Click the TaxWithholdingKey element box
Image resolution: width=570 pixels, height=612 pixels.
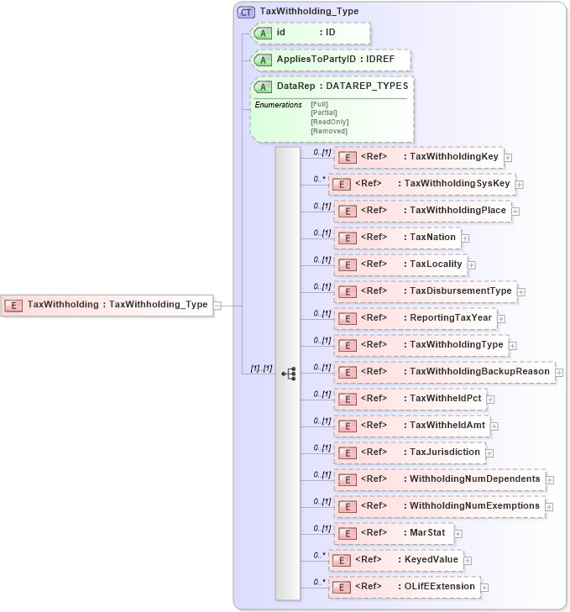click(417, 157)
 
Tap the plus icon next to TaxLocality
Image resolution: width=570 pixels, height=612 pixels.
click(472, 265)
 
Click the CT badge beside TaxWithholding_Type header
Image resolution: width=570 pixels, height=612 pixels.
click(246, 12)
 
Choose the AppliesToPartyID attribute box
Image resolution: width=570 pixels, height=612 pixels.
click(330, 60)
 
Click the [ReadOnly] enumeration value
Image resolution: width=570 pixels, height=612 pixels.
click(329, 122)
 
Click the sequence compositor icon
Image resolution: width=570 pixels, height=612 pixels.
click(288, 372)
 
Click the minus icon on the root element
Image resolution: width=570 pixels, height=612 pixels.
click(217, 306)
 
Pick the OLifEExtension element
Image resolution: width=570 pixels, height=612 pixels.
click(404, 586)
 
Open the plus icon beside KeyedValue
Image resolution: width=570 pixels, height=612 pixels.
click(468, 561)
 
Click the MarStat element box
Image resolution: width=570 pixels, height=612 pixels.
click(394, 533)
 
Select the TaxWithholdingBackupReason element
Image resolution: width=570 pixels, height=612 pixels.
click(444, 372)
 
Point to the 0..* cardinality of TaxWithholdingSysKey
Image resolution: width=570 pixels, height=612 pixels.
click(319, 179)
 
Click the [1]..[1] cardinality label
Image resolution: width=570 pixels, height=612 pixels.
click(262, 369)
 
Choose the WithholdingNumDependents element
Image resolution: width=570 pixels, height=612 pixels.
click(439, 479)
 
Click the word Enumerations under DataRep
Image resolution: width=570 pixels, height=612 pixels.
click(279, 105)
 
